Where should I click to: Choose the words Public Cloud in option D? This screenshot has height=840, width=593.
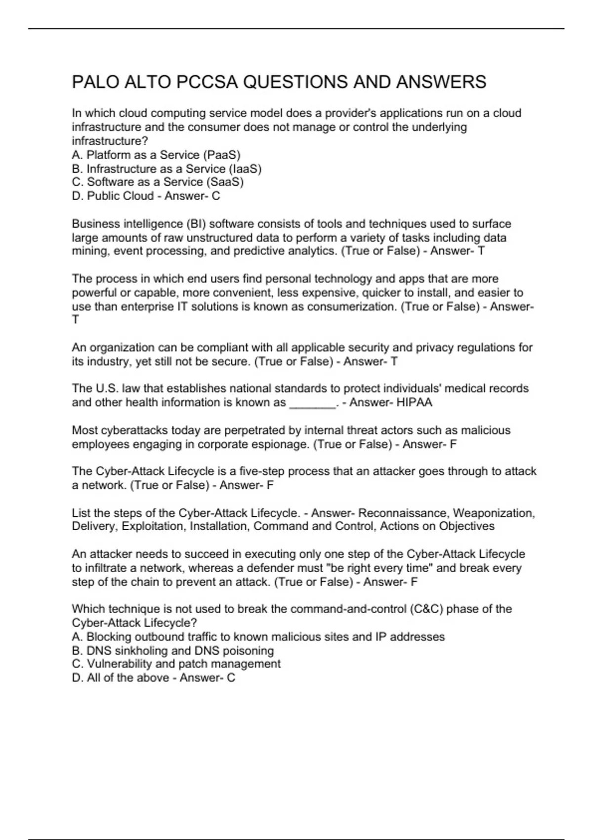pyautogui.click(x=120, y=196)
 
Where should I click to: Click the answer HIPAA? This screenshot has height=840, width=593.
pyautogui.click(x=414, y=402)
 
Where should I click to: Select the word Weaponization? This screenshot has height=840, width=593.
pyautogui.click(x=494, y=513)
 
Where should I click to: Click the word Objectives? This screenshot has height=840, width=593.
pyautogui.click(x=466, y=526)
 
